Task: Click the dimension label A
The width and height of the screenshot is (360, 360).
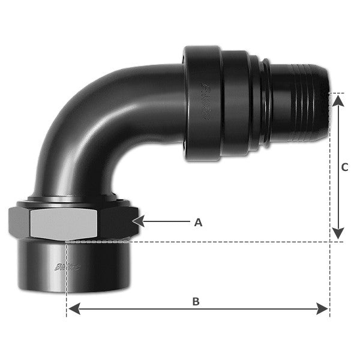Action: coord(198,223)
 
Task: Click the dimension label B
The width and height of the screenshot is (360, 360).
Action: coord(196,302)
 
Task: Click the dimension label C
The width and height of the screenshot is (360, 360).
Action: coord(344,168)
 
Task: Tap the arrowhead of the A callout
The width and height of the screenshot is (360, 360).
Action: coord(136,222)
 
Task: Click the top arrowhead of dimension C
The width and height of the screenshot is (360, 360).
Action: coord(338,99)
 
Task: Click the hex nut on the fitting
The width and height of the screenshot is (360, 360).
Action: coord(72,222)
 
